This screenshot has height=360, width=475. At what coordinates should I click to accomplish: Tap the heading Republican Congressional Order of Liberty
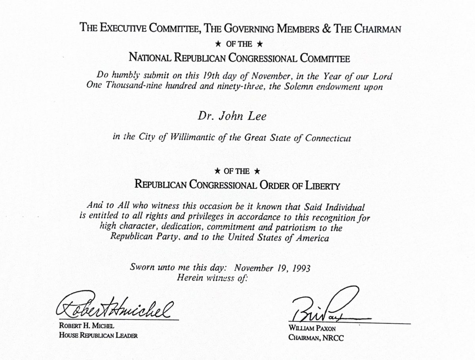point(237,185)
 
